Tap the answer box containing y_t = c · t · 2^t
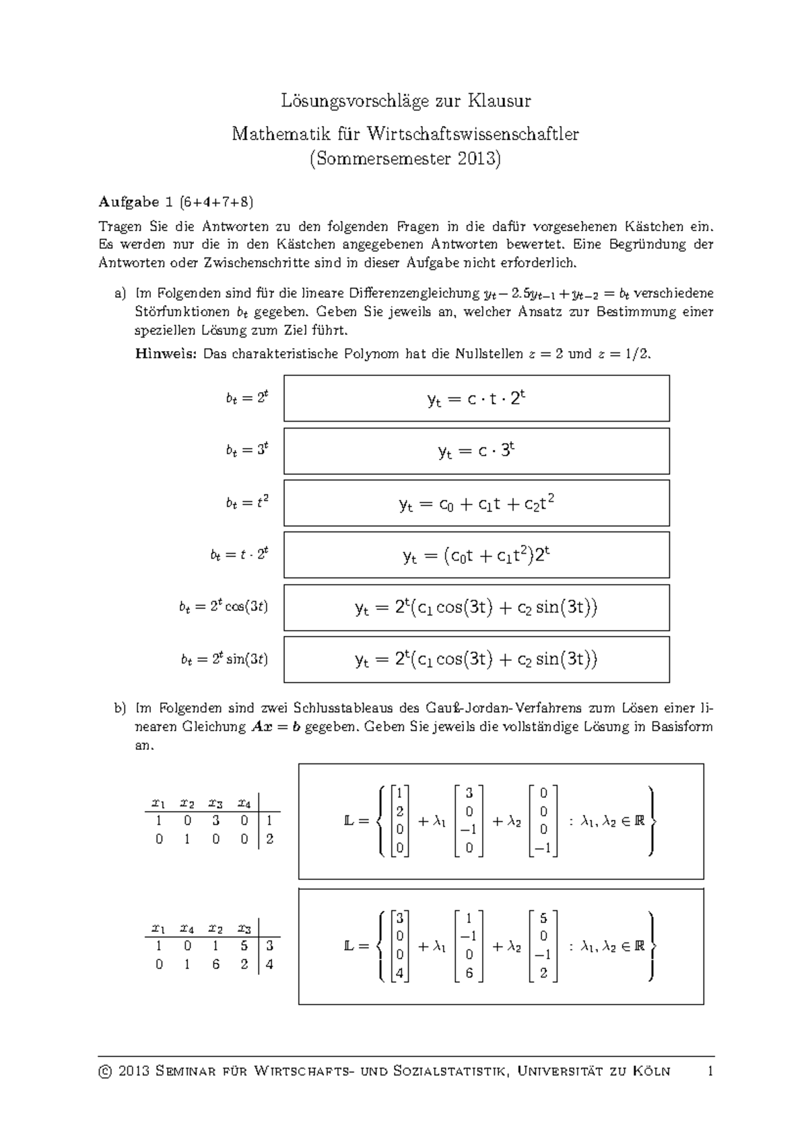[x=476, y=399]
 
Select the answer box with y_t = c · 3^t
[x=476, y=451]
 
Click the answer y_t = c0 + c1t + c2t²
[x=476, y=503]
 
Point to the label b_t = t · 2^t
[x=238, y=554]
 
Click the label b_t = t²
[x=247, y=503]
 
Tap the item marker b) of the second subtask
[x=120, y=708]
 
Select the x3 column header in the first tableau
[x=215, y=802]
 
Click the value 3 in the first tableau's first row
[x=215, y=821]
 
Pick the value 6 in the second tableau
[x=215, y=964]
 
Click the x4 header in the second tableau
[x=187, y=928]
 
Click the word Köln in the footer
[x=651, y=1071]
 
